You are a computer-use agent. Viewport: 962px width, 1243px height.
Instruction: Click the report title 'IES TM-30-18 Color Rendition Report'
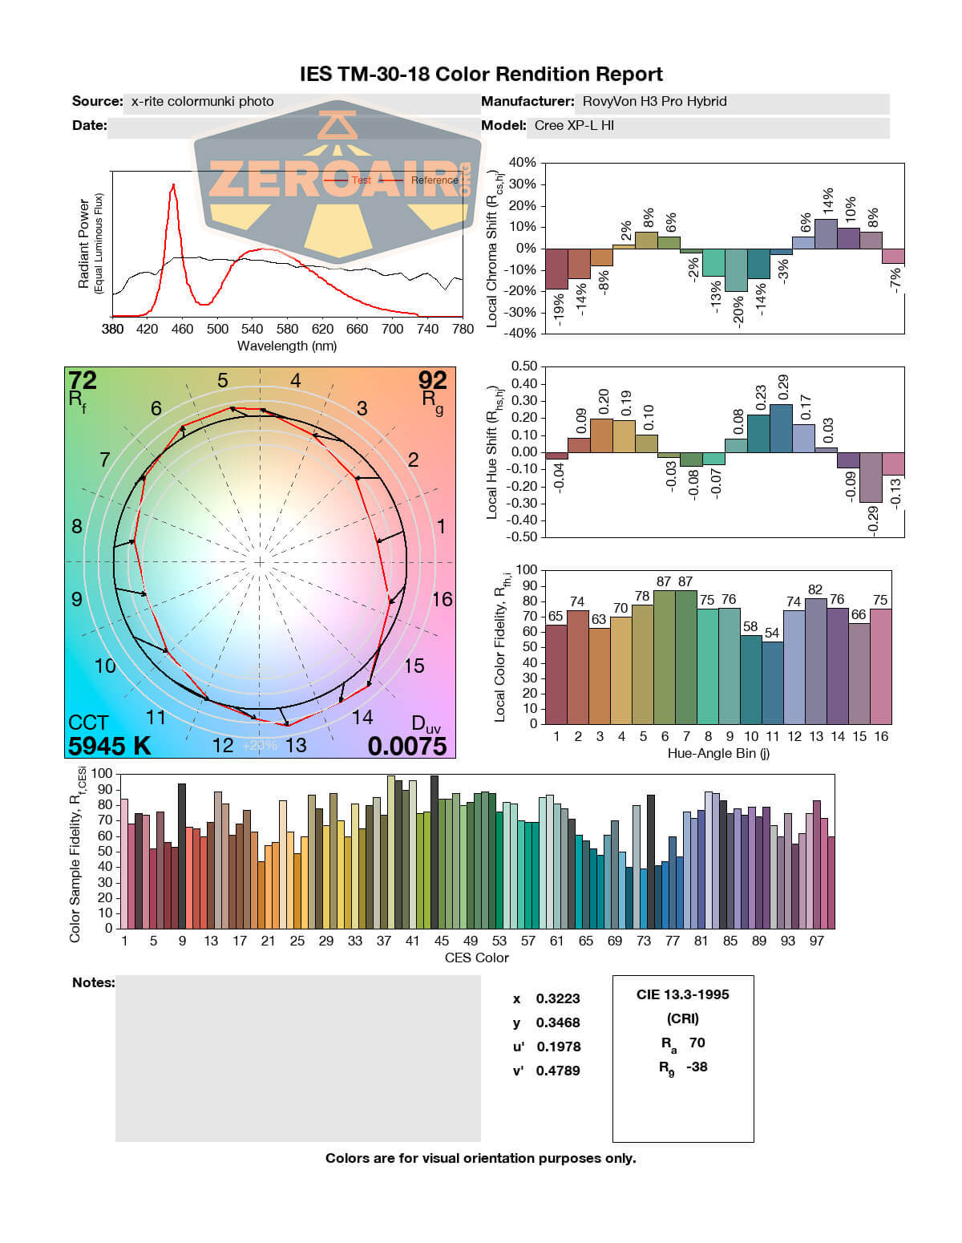coord(481,75)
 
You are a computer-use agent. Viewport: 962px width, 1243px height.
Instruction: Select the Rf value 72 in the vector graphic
coord(83,380)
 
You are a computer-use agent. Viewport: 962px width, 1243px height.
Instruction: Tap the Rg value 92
coord(432,380)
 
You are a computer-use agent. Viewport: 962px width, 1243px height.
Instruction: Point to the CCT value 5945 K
coord(110,746)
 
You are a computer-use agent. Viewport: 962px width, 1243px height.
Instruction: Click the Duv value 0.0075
coord(407,746)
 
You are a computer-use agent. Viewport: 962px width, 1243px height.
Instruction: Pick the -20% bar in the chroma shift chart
coord(736,270)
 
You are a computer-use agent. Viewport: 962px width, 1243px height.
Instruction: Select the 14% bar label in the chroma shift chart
coord(828,201)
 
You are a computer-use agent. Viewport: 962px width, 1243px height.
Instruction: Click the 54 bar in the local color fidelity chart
coord(772,682)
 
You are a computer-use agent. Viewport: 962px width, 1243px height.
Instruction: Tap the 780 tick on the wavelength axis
coord(463,329)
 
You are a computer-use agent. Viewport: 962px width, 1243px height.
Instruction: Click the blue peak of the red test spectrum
coord(173,184)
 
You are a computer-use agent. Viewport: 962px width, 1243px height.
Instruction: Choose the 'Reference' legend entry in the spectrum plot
coord(435,180)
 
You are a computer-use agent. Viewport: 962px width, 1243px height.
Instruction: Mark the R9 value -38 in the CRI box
coord(697,1067)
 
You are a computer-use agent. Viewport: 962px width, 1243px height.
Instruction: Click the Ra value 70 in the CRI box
coord(697,1043)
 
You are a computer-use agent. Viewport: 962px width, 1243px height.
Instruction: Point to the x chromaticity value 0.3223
coord(558,998)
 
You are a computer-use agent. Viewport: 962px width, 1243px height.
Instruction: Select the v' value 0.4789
coord(558,1071)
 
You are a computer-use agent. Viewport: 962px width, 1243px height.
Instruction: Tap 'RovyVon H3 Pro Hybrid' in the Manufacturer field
coord(654,102)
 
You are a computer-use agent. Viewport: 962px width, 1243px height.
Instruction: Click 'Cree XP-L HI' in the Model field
coord(574,126)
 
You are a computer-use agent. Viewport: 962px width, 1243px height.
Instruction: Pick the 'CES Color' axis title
coord(476,958)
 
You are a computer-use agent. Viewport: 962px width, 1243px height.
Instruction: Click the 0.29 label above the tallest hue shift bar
coord(783,387)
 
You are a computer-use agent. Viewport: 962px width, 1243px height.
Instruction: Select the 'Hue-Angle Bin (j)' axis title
coord(718,753)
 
